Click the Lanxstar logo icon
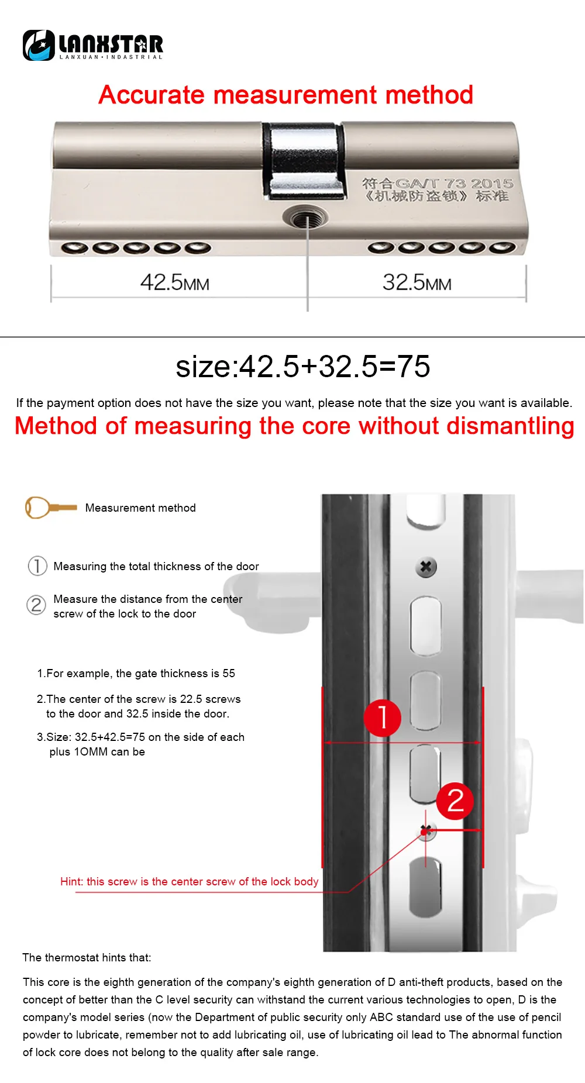coord(39,45)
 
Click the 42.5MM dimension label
coord(175,282)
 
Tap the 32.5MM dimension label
coord(417,282)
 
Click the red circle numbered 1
coord(383,718)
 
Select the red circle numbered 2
coord(455,801)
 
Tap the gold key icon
coord(51,508)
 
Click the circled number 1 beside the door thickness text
coord(37,566)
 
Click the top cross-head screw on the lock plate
coord(426,566)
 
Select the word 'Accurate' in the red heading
coord(151,95)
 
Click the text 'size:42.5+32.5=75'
coord(303,367)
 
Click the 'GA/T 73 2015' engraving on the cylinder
coord(455,184)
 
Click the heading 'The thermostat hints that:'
coord(87,957)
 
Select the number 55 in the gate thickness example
coord(229,673)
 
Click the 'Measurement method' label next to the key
coord(140,508)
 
